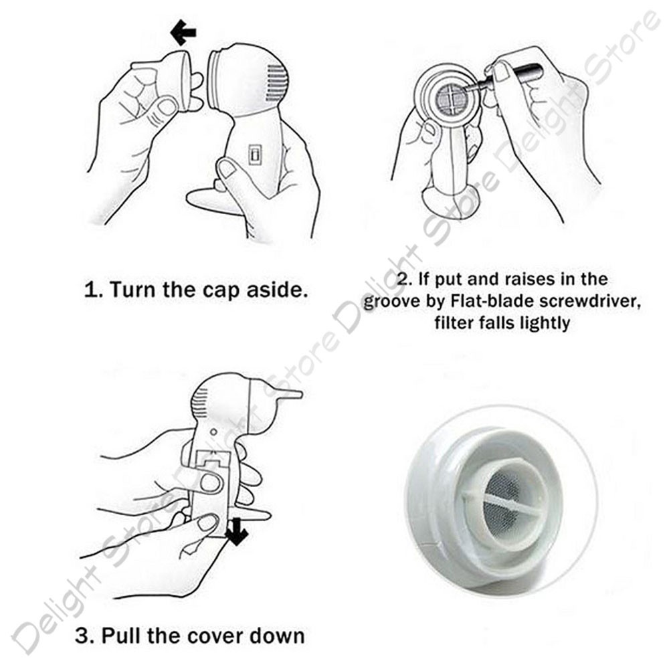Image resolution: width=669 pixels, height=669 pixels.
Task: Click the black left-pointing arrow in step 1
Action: (x=183, y=32)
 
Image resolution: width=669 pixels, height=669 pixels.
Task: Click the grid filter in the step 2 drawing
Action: (x=453, y=98)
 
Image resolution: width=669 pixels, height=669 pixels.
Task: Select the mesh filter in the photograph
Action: (x=504, y=501)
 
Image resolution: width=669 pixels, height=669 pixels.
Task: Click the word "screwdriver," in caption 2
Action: (x=590, y=302)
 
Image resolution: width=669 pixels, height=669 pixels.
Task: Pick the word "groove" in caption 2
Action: (x=391, y=302)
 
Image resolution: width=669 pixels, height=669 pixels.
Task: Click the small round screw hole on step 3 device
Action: (x=214, y=432)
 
